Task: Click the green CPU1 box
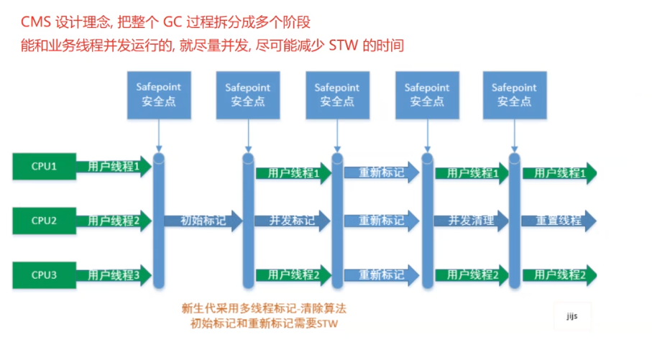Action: (x=44, y=167)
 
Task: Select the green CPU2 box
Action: (x=44, y=221)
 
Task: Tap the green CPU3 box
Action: (x=44, y=274)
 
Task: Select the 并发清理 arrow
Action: (x=472, y=221)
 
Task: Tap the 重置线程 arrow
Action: (x=559, y=221)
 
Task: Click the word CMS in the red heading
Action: (x=36, y=21)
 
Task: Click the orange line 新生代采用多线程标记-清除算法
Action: (x=264, y=308)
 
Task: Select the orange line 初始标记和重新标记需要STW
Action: (x=264, y=324)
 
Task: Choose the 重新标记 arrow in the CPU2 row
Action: (x=382, y=221)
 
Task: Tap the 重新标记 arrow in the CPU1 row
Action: (x=382, y=173)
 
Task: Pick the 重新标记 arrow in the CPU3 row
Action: (x=382, y=274)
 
